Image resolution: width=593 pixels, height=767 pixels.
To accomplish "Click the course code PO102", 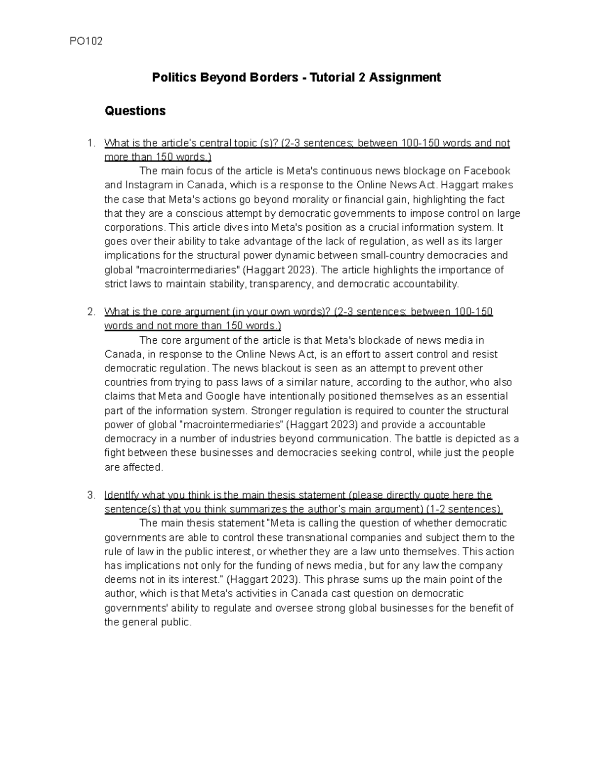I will point(87,41).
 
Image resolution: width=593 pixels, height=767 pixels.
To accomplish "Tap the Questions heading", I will point(135,111).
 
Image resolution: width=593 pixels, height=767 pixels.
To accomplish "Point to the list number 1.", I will point(90,144).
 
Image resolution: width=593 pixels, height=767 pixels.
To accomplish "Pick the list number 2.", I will point(90,313).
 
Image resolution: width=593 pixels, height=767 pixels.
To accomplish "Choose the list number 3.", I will point(90,495).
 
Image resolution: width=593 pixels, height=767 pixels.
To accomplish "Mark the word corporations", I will point(133,228).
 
